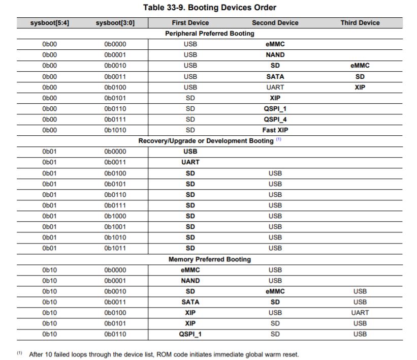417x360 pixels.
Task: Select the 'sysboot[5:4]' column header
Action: [50, 23]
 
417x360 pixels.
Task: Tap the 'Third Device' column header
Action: [360, 23]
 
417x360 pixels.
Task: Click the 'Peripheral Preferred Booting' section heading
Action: [209, 34]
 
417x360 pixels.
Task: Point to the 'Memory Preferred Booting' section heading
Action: [209, 259]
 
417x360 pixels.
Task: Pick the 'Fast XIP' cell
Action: [275, 130]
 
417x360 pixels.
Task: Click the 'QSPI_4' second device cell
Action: [275, 119]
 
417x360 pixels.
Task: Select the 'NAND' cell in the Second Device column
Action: [275, 55]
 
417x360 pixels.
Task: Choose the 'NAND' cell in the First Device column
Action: [190, 281]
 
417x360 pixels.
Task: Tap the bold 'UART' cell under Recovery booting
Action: [190, 162]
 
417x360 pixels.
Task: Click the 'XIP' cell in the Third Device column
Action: [360, 87]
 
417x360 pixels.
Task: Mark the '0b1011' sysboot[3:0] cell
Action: [115, 248]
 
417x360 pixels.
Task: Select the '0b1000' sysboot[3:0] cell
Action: [115, 216]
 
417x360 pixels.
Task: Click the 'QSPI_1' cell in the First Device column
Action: [190, 334]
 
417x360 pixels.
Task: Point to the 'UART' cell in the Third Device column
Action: [360, 313]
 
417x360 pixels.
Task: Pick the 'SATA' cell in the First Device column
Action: [190, 302]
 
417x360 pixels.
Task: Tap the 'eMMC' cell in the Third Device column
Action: [360, 66]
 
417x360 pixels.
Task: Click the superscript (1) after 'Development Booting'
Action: [278, 140]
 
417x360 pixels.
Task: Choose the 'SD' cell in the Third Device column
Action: [360, 77]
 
